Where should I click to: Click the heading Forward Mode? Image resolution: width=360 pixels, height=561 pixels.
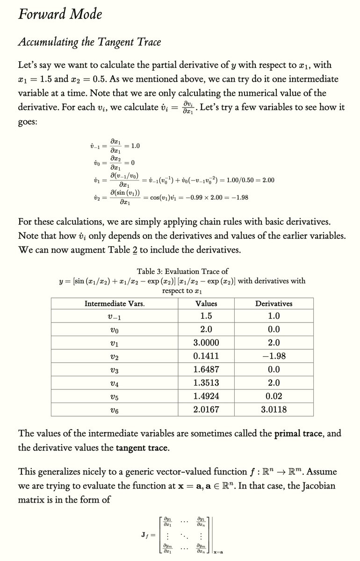click(x=59, y=14)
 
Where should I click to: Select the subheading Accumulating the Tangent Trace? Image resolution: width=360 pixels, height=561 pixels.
click(x=89, y=42)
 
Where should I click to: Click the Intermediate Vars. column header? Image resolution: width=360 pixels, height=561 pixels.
click(x=114, y=303)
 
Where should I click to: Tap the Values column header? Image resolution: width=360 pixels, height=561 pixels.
click(x=206, y=303)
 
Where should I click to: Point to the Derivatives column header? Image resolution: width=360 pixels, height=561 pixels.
click(x=274, y=303)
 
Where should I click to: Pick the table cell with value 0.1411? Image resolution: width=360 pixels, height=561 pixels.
click(x=206, y=356)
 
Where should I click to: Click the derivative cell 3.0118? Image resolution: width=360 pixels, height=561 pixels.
click(x=274, y=410)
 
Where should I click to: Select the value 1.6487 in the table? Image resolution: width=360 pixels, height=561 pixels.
click(x=206, y=369)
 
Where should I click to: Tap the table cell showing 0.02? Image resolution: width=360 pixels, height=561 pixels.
click(x=274, y=396)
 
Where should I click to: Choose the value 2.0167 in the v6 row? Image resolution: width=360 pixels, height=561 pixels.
click(x=206, y=410)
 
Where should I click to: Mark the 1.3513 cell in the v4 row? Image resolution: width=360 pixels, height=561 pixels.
click(x=206, y=383)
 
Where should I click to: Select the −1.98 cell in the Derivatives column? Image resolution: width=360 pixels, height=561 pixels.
click(x=274, y=356)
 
